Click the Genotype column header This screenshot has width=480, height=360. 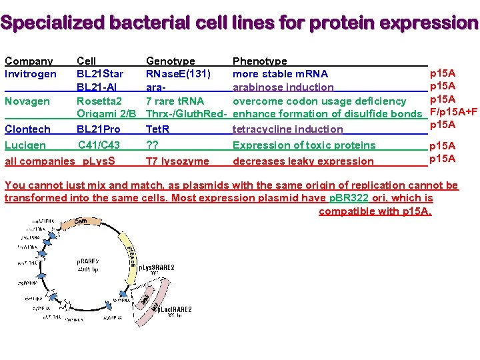(x=170, y=61)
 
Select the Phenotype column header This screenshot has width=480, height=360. (x=259, y=61)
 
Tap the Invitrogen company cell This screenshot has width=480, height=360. (x=31, y=74)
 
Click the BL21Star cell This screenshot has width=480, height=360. (x=100, y=74)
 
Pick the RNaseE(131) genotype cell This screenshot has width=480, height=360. (x=179, y=74)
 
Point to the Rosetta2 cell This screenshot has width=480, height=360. (x=99, y=101)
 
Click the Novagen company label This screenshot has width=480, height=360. (x=27, y=101)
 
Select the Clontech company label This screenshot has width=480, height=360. (x=27, y=129)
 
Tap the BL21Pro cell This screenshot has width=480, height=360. (x=99, y=129)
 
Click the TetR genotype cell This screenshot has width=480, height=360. (x=157, y=129)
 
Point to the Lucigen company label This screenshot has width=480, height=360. (x=25, y=145)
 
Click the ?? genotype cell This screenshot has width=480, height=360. (x=153, y=145)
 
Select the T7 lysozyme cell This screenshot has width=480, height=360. (x=177, y=161)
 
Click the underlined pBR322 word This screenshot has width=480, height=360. (x=349, y=198)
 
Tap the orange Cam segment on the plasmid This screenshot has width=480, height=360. (x=80, y=221)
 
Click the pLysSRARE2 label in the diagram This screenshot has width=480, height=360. (x=154, y=267)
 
